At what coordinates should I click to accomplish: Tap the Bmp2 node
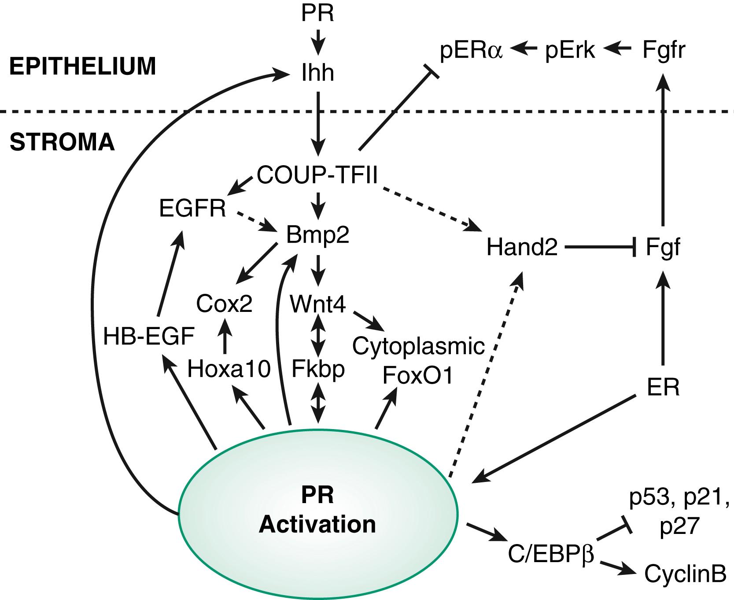pyautogui.click(x=317, y=235)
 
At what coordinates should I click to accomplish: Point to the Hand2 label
pyautogui.click(x=522, y=248)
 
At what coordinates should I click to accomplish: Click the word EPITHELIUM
pyautogui.click(x=83, y=67)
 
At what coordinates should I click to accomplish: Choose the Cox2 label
pyautogui.click(x=225, y=304)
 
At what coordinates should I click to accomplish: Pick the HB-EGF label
pyautogui.click(x=149, y=337)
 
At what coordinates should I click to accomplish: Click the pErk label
pyautogui.click(x=570, y=51)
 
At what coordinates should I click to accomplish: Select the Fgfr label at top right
pyautogui.click(x=664, y=51)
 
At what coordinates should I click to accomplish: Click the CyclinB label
pyautogui.click(x=685, y=574)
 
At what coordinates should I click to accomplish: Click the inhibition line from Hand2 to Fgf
pyautogui.click(x=599, y=248)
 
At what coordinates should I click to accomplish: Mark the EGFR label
pyautogui.click(x=192, y=209)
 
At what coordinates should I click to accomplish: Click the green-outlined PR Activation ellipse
pyautogui.click(x=317, y=511)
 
